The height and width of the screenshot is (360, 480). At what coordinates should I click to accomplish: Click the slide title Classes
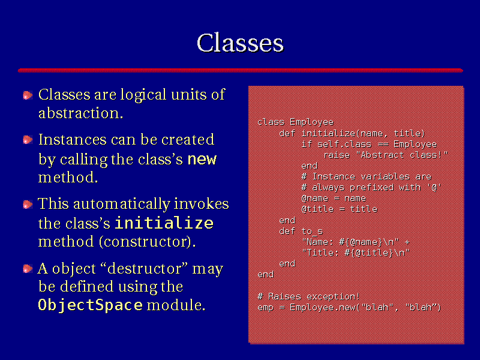pyautogui.click(x=241, y=43)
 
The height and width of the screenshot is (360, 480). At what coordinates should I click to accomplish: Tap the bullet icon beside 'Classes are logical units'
pyautogui.click(x=28, y=95)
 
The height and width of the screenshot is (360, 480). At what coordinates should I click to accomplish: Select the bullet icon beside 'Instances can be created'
pyautogui.click(x=28, y=140)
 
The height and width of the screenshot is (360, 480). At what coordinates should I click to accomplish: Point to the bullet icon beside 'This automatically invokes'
pyautogui.click(x=28, y=204)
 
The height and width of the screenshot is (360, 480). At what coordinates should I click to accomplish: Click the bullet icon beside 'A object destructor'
pyautogui.click(x=28, y=269)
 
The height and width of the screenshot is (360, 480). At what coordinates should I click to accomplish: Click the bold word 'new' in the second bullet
pyautogui.click(x=202, y=159)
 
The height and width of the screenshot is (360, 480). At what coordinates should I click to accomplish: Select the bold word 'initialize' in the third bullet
pyautogui.click(x=164, y=223)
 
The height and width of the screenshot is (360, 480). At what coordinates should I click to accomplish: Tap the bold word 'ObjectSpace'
pyautogui.click(x=91, y=305)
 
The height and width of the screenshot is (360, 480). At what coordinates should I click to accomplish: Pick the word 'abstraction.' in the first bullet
pyautogui.click(x=81, y=113)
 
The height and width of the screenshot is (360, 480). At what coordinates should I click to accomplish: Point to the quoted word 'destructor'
pyautogui.click(x=144, y=268)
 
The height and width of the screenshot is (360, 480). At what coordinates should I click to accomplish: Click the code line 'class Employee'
pyautogui.click(x=295, y=122)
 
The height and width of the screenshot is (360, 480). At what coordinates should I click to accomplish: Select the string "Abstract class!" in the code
pyautogui.click(x=402, y=155)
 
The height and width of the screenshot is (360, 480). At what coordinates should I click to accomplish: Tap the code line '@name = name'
pyautogui.click(x=334, y=199)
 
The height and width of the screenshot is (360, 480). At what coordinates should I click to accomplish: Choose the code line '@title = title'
pyautogui.click(x=339, y=209)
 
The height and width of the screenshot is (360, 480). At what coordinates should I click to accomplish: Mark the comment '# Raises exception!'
pyautogui.click(x=308, y=296)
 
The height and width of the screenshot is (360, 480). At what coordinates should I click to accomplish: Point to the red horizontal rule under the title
pyautogui.click(x=241, y=70)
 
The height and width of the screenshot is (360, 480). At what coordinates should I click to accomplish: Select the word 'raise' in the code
pyautogui.click(x=337, y=155)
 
